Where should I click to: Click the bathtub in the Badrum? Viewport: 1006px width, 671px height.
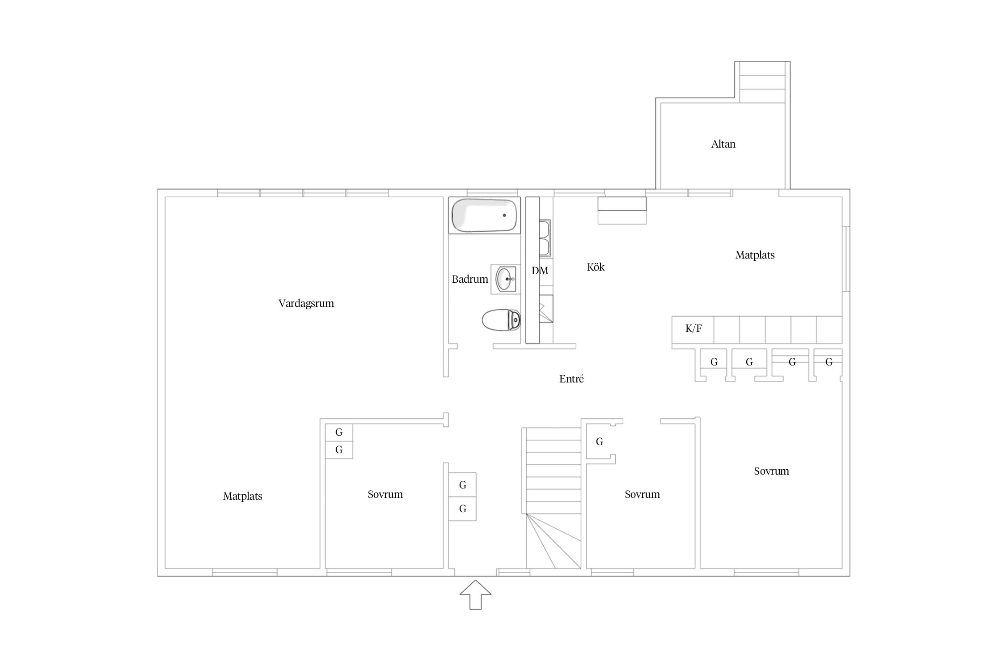tap(485, 215)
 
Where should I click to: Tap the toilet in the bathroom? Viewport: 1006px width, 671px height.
tap(501, 320)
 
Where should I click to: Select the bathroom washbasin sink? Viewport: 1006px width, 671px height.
tap(506, 279)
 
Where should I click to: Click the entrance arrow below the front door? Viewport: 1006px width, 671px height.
tap(476, 595)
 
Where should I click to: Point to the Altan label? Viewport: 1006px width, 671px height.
tap(723, 144)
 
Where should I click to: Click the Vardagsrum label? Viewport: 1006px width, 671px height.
tap(306, 303)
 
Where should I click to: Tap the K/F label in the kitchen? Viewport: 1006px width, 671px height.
tap(693, 329)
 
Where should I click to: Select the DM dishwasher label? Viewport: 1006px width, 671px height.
tap(540, 271)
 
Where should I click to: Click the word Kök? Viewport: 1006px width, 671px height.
tap(596, 267)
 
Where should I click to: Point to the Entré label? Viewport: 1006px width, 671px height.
tap(571, 379)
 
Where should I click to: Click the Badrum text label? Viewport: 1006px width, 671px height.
tap(470, 279)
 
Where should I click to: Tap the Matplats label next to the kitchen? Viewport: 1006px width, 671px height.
tap(755, 255)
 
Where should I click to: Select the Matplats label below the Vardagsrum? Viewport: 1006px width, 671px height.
tap(243, 496)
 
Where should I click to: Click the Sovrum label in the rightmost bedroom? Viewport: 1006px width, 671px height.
tap(771, 471)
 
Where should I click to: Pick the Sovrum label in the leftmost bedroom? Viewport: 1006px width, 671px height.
tap(385, 494)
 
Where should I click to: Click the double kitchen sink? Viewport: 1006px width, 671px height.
tap(545, 238)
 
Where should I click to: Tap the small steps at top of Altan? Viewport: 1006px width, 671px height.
tap(762, 82)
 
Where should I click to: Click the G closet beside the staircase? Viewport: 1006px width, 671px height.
tap(600, 442)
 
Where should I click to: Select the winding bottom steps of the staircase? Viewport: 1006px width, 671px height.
tap(554, 541)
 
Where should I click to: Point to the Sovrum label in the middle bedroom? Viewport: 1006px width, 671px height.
tap(642, 494)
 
